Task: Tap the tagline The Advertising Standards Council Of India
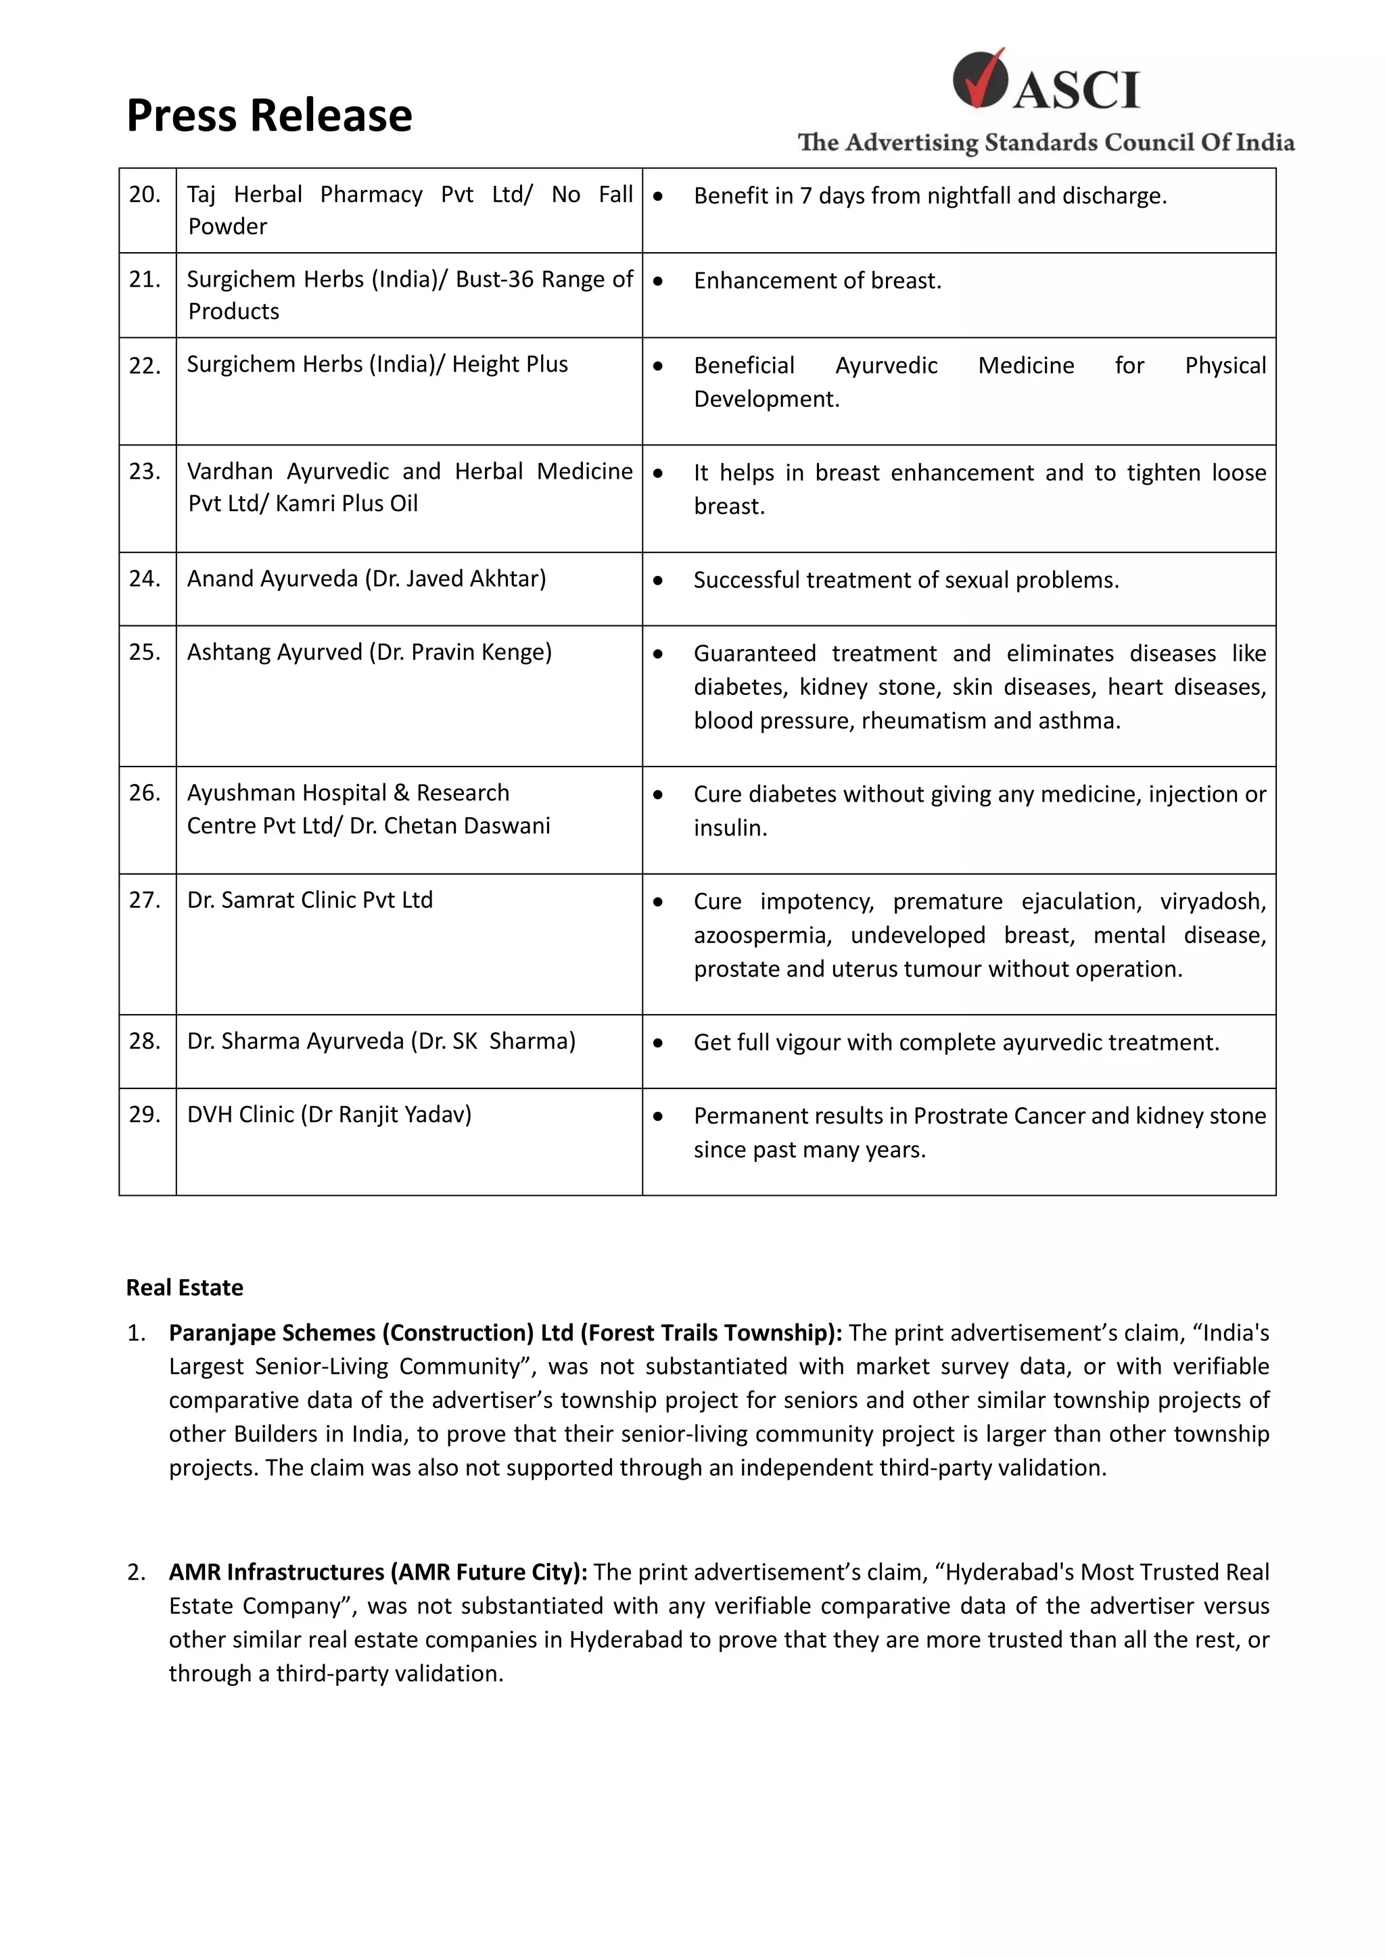[x=1046, y=143]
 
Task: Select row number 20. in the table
[x=145, y=195]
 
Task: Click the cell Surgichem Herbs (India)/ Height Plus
[x=377, y=364]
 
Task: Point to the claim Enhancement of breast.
[x=817, y=281]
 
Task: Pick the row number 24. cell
[x=145, y=579]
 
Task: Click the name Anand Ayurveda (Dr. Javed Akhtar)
[x=366, y=579]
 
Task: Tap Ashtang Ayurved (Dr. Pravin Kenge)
[x=369, y=652]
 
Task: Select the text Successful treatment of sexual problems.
[x=906, y=580]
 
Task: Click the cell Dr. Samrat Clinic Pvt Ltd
[x=310, y=900]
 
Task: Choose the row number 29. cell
[x=145, y=1114]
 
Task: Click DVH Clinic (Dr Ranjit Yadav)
[x=329, y=1114]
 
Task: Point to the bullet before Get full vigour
[x=658, y=1042]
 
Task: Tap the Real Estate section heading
[x=185, y=1288]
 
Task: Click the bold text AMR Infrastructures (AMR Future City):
[x=378, y=1572]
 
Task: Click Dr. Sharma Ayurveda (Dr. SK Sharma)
[x=381, y=1041]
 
